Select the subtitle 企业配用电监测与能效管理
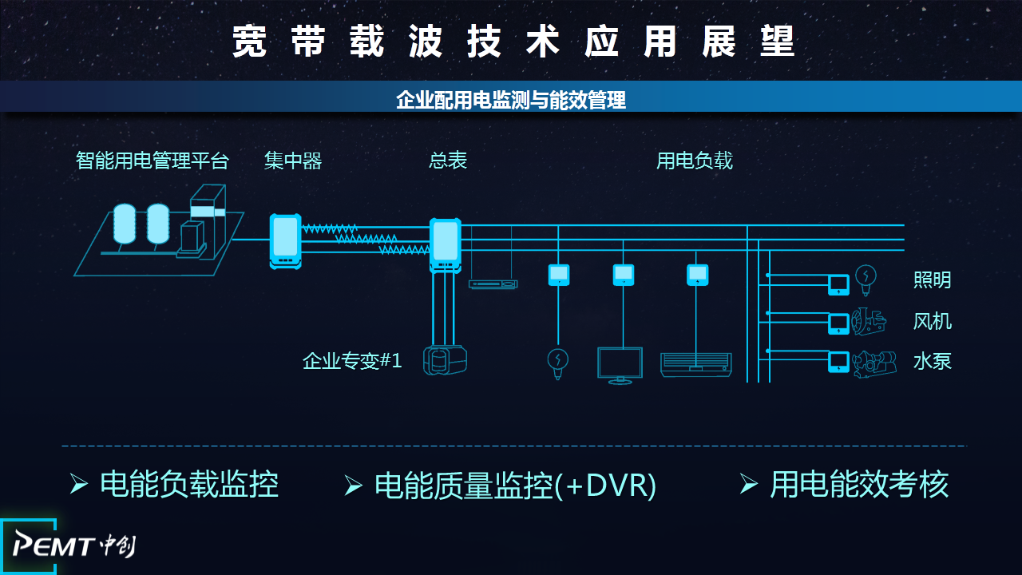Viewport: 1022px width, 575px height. coord(511,100)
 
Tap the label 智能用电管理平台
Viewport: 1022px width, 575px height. coord(153,161)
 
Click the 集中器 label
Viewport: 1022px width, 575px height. coord(293,161)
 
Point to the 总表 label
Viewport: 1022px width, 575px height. coord(448,161)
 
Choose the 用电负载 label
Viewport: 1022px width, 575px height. coord(694,161)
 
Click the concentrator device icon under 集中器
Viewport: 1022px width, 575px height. coord(285,239)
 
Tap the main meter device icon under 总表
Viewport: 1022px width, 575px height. coord(446,244)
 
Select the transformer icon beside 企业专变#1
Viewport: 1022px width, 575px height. coord(445,359)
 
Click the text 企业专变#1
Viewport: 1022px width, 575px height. coord(352,361)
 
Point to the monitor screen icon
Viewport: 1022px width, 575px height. coord(620,365)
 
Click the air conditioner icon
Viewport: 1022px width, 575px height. coord(695,363)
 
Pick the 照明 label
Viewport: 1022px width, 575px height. coord(933,280)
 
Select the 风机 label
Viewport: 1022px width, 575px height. coord(933,322)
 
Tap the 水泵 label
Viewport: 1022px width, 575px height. coord(933,361)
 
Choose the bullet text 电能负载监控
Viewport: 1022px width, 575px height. coord(189,484)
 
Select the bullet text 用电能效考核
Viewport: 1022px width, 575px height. coord(859,484)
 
